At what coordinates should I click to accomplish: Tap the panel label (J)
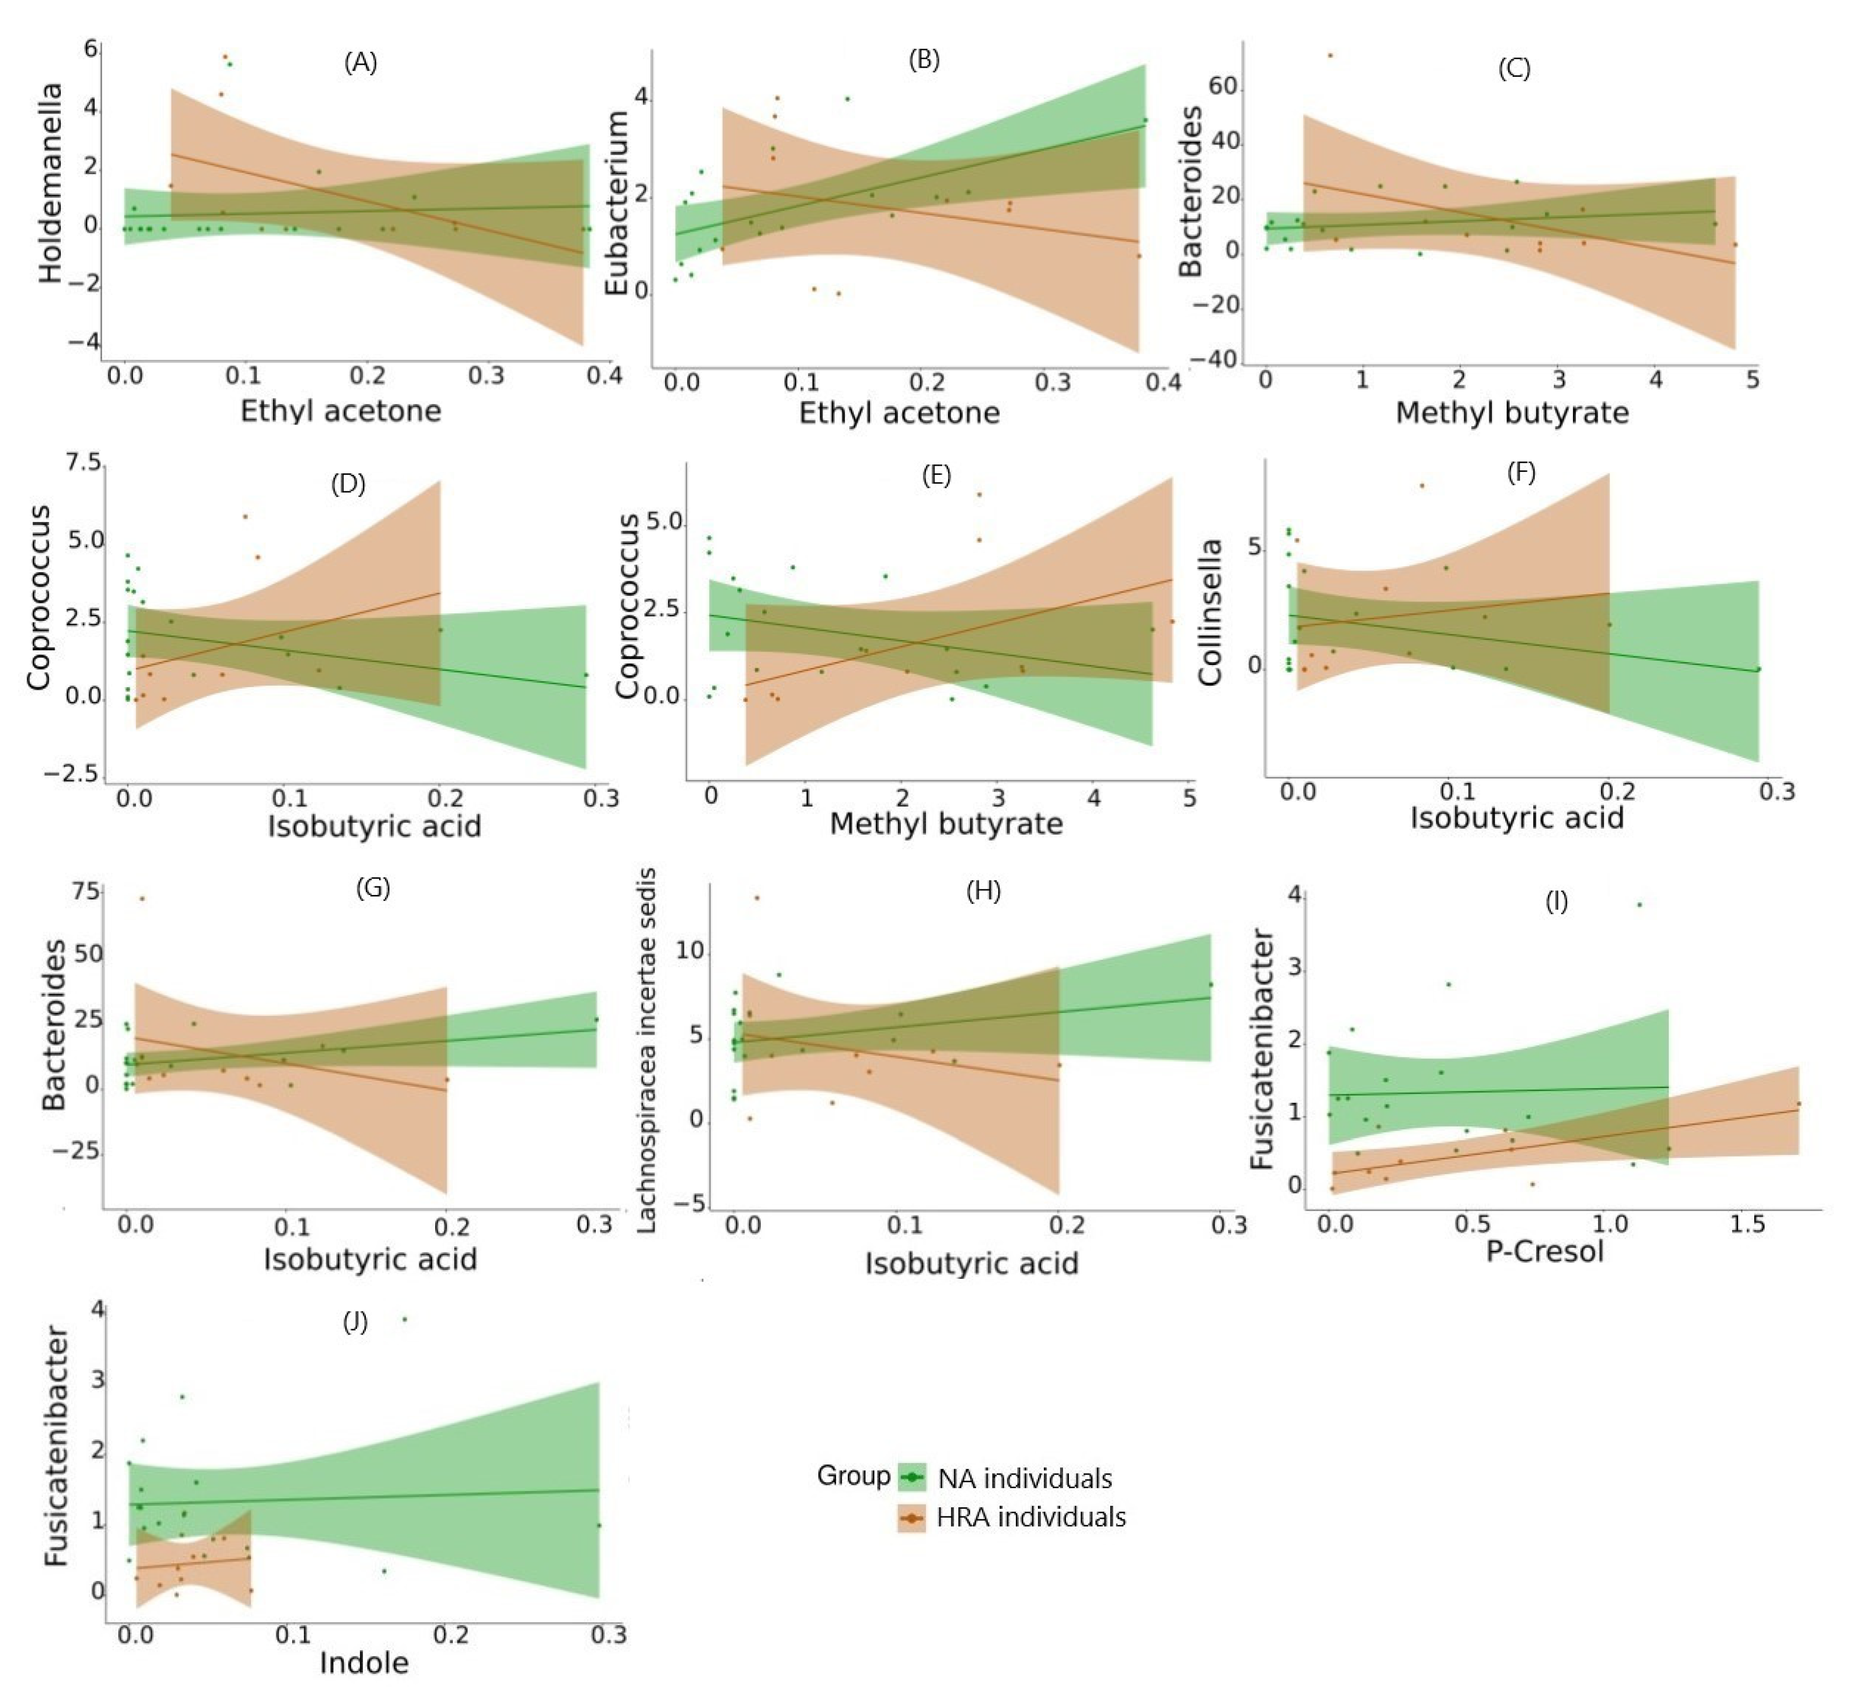[355, 1323]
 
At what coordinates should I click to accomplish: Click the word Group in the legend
[853, 1476]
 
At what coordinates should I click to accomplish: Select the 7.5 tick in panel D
[84, 462]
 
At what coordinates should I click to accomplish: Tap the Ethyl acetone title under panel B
[899, 413]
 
